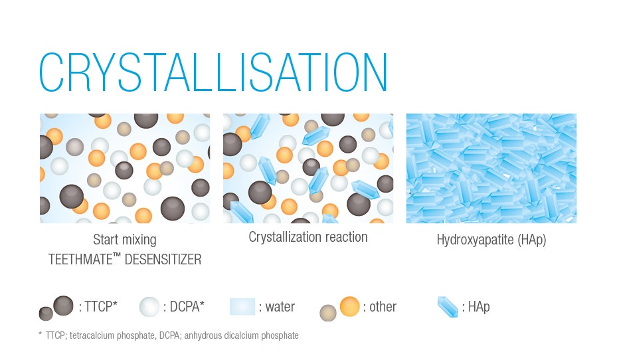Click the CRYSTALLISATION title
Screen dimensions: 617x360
(213, 72)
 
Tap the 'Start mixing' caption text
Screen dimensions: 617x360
(125, 240)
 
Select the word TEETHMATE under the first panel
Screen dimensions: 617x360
(80, 260)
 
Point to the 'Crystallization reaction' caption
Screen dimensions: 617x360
(308, 237)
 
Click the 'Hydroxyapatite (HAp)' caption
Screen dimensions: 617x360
(491, 240)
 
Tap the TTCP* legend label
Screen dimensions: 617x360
(98, 306)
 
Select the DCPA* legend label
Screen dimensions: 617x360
(184, 306)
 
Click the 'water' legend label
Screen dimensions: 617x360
(277, 307)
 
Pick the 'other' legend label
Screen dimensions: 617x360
(379, 307)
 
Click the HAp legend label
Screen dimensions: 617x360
(476, 307)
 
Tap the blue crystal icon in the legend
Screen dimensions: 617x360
(448, 307)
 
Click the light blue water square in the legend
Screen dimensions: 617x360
(242, 306)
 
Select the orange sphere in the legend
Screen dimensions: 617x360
(349, 306)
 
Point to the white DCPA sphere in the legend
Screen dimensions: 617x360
(149, 307)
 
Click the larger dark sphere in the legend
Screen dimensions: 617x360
(63, 306)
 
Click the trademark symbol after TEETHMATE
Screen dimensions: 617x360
(116, 255)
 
